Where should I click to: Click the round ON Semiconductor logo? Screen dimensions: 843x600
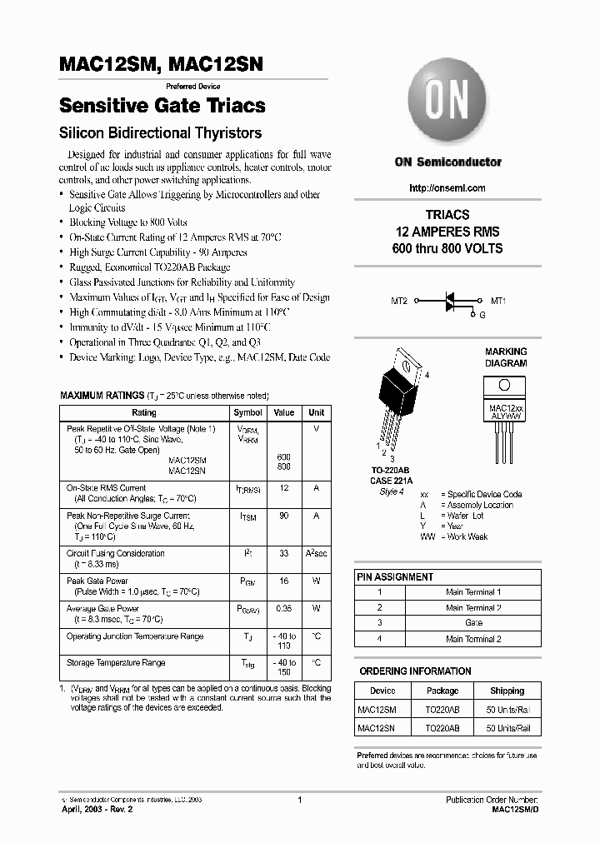click(x=447, y=102)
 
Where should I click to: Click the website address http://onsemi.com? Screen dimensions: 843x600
click(x=447, y=187)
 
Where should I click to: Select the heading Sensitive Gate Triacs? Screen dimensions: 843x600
click(x=162, y=106)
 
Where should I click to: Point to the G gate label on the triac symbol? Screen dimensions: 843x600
click(x=481, y=315)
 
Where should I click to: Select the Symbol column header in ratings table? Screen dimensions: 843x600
click(x=247, y=412)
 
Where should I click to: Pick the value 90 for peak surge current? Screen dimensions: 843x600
click(x=284, y=516)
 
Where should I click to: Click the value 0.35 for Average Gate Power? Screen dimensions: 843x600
click(x=284, y=609)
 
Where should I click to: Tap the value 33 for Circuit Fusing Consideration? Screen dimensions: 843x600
click(x=284, y=553)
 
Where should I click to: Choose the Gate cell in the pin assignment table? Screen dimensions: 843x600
click(x=473, y=623)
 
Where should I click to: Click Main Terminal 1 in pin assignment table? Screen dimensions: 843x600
click(x=473, y=591)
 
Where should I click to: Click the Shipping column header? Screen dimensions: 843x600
click(x=507, y=691)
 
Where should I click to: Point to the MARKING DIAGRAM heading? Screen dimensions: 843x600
click(x=506, y=357)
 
